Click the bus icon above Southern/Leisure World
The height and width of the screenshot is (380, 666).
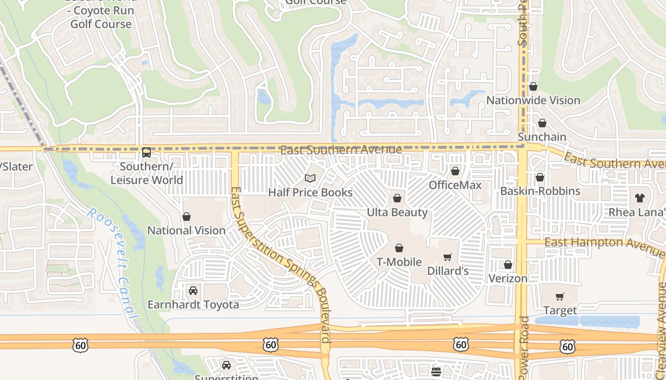(x=147, y=152)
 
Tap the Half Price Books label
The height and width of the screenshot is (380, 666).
(x=310, y=192)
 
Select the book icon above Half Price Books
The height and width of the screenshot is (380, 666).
(x=310, y=178)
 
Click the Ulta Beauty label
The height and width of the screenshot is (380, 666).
(x=397, y=212)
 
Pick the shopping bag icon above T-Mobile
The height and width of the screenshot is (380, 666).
(x=399, y=248)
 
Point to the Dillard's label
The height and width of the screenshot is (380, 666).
(x=448, y=271)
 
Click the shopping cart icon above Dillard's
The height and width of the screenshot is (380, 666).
(x=447, y=257)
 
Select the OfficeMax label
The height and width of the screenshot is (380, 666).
(x=455, y=185)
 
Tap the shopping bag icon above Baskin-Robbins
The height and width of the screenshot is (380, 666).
(x=540, y=177)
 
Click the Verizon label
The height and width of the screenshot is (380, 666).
(x=508, y=278)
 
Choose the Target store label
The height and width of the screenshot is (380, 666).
(x=560, y=311)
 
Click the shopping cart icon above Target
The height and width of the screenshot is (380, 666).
(x=560, y=296)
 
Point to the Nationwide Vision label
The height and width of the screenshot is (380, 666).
(x=533, y=100)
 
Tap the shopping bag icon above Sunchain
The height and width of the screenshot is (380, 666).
(x=542, y=123)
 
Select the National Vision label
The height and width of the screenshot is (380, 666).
(x=186, y=230)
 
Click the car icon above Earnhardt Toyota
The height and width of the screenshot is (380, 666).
(x=193, y=290)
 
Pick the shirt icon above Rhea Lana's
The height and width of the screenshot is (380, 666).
(x=640, y=198)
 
